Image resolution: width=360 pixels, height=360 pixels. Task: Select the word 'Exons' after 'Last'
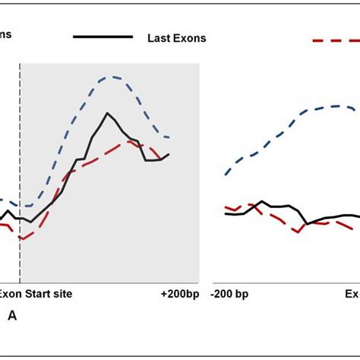(189, 38)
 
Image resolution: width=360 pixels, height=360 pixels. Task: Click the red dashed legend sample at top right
(335, 39)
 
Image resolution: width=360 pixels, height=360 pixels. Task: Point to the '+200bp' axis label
(179, 294)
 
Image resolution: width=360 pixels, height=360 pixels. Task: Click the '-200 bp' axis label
(232, 294)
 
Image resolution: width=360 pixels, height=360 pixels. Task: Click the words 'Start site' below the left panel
(49, 294)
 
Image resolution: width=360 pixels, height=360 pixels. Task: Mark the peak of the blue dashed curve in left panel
(112, 77)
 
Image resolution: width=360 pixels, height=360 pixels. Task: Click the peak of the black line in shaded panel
(108, 114)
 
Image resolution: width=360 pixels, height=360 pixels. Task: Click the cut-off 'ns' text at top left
(5, 33)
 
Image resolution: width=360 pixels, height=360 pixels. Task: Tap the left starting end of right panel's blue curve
(226, 175)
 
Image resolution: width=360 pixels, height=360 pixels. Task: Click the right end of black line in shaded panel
(169, 154)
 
